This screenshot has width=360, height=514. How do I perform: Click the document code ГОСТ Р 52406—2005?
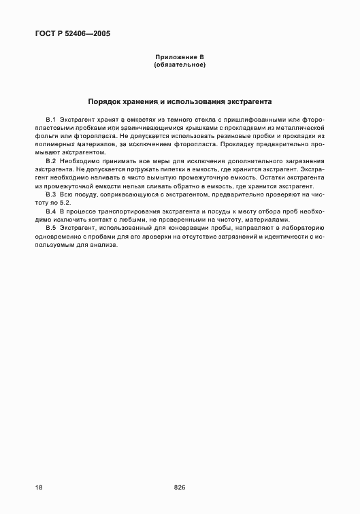(x=71, y=33)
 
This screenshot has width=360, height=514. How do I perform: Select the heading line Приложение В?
(x=180, y=57)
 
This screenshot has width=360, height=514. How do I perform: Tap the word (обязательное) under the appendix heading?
(x=180, y=65)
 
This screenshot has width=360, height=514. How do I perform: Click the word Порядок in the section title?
(x=106, y=101)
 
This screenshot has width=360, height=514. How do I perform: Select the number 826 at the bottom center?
(x=180, y=487)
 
